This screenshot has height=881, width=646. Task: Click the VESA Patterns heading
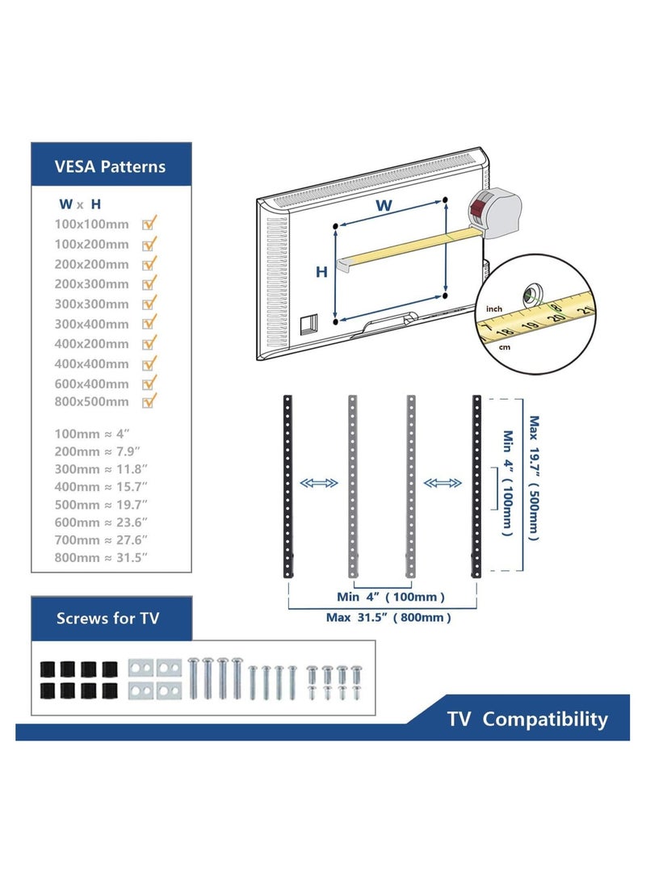pos(110,167)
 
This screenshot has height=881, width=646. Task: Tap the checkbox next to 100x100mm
pos(149,224)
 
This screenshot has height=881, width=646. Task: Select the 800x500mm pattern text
pos(91,401)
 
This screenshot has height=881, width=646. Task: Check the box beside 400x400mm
pos(149,363)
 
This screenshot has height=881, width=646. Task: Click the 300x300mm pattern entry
pos(91,304)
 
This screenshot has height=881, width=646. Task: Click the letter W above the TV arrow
pos(384,206)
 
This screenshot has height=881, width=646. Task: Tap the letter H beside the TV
pos(321,272)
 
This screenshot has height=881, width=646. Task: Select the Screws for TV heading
pos(107,619)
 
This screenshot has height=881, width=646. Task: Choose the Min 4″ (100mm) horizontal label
pos(391,597)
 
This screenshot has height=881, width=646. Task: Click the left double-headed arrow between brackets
pos(318,483)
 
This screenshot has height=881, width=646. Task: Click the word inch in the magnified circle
pos(493,309)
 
